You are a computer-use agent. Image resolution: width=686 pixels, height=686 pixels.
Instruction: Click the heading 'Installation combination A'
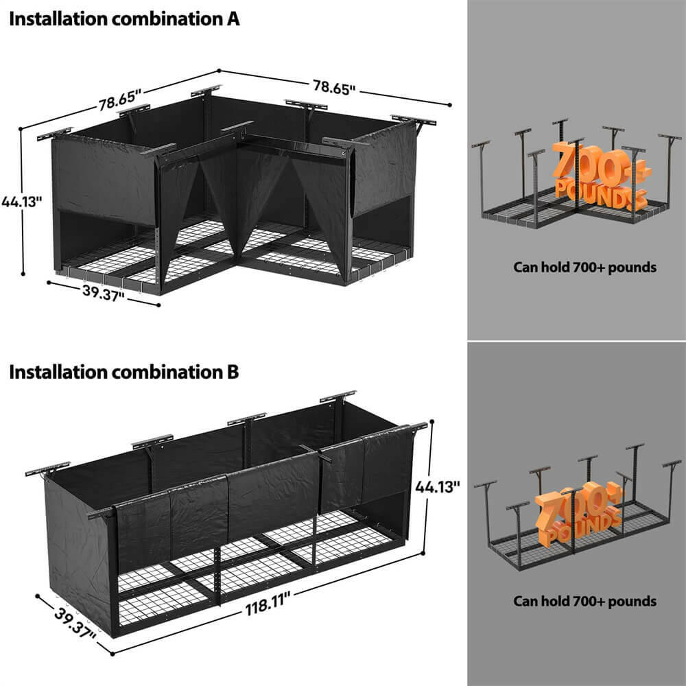124,19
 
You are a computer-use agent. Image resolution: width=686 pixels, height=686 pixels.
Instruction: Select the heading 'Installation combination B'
124,372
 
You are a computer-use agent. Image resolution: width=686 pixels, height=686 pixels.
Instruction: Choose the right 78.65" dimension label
334,87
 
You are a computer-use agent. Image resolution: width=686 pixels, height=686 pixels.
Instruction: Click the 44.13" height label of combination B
437,487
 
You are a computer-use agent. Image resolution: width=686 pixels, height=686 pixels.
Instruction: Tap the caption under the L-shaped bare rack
584,267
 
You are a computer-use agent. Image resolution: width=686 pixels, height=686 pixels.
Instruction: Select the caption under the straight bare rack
584,601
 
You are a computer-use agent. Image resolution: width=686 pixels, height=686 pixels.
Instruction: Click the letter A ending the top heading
233,19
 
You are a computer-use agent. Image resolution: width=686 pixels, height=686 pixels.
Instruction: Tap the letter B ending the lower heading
233,372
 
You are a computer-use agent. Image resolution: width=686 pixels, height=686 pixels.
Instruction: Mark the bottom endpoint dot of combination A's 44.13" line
24,273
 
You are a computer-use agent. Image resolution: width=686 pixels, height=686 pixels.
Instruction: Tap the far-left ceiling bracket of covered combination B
40,473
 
